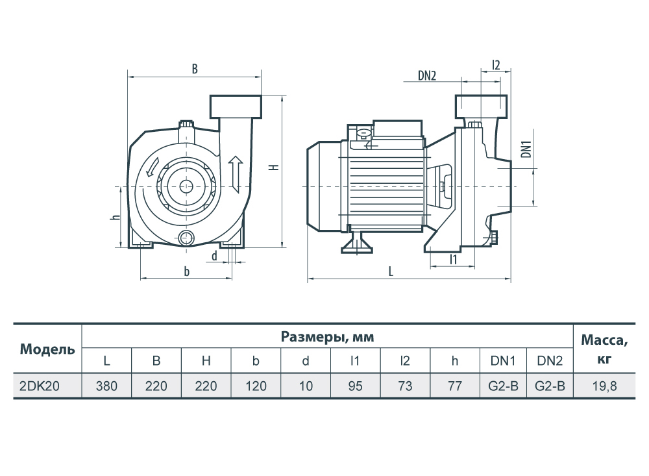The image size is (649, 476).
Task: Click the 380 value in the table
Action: pyautogui.click(x=106, y=386)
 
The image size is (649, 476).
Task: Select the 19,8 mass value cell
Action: pyautogui.click(x=604, y=386)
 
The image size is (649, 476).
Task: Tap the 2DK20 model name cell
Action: pyautogui.click(x=40, y=386)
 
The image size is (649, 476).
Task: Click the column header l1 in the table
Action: pyautogui.click(x=355, y=361)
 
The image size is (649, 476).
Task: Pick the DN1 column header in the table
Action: pyautogui.click(x=503, y=361)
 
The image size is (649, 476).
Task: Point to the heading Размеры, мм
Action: pyautogui.click(x=327, y=337)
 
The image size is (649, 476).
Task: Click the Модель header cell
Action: pyautogui.click(x=47, y=349)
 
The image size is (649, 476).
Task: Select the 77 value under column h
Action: pyautogui.click(x=454, y=386)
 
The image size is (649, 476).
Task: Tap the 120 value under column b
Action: pyautogui.click(x=256, y=386)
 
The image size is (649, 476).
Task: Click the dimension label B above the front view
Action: pyautogui.click(x=195, y=69)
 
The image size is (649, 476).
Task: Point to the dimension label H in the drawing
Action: pyautogui.click(x=274, y=167)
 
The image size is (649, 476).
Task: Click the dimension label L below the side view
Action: pyautogui.click(x=390, y=271)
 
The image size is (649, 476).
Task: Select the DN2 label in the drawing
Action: pyautogui.click(x=427, y=75)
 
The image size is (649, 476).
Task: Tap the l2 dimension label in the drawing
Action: pyautogui.click(x=496, y=65)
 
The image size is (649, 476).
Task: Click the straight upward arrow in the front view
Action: pyautogui.click(x=236, y=175)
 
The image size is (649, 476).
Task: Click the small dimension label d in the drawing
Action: pyautogui.click(x=214, y=256)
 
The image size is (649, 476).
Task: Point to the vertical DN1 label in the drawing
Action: pyautogui.click(x=526, y=149)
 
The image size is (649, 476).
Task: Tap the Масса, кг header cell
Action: pyautogui.click(x=604, y=349)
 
